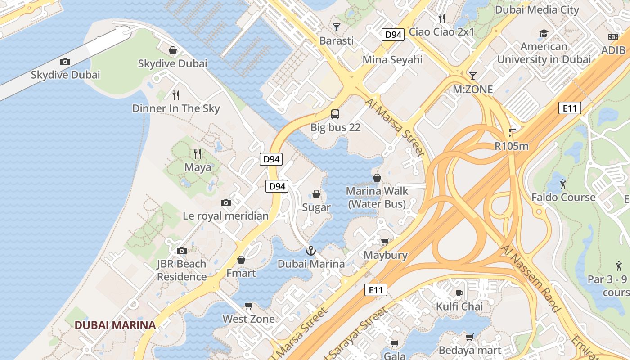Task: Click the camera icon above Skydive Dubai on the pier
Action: point(65,62)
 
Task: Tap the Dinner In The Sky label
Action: point(176,108)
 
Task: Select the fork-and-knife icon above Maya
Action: point(198,154)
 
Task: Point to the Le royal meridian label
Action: point(225,216)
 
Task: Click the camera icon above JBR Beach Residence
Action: point(182,251)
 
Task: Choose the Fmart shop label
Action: point(241,273)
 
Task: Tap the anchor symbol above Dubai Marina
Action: point(310,251)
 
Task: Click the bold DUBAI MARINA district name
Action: point(115,325)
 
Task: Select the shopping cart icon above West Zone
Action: point(248,306)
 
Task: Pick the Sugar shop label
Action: point(316,207)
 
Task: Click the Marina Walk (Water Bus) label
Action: point(377,198)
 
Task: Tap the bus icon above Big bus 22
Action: point(335,114)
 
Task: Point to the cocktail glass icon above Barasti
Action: point(336,27)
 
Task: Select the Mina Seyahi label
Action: point(392,60)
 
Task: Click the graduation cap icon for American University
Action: point(544,33)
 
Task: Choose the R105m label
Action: point(512,146)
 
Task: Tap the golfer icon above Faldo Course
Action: point(563,184)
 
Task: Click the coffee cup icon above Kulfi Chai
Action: point(459,293)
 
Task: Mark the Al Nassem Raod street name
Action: point(531,279)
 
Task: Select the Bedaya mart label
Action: point(470,350)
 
